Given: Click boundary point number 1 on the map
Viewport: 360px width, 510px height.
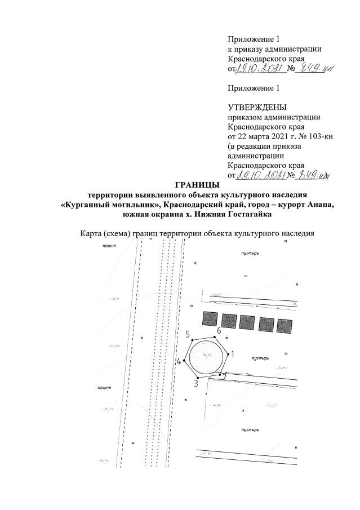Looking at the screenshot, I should pos(233,354).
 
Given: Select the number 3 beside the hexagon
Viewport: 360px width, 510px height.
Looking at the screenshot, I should pos(196,384).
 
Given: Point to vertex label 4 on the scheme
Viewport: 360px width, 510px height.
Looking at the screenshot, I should pos(179,362).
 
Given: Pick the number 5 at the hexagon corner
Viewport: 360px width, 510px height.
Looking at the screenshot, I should pos(188,335).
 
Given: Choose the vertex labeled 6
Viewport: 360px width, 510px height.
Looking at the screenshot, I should pos(219,329).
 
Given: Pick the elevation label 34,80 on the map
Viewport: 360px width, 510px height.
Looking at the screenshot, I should pos(215,405).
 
